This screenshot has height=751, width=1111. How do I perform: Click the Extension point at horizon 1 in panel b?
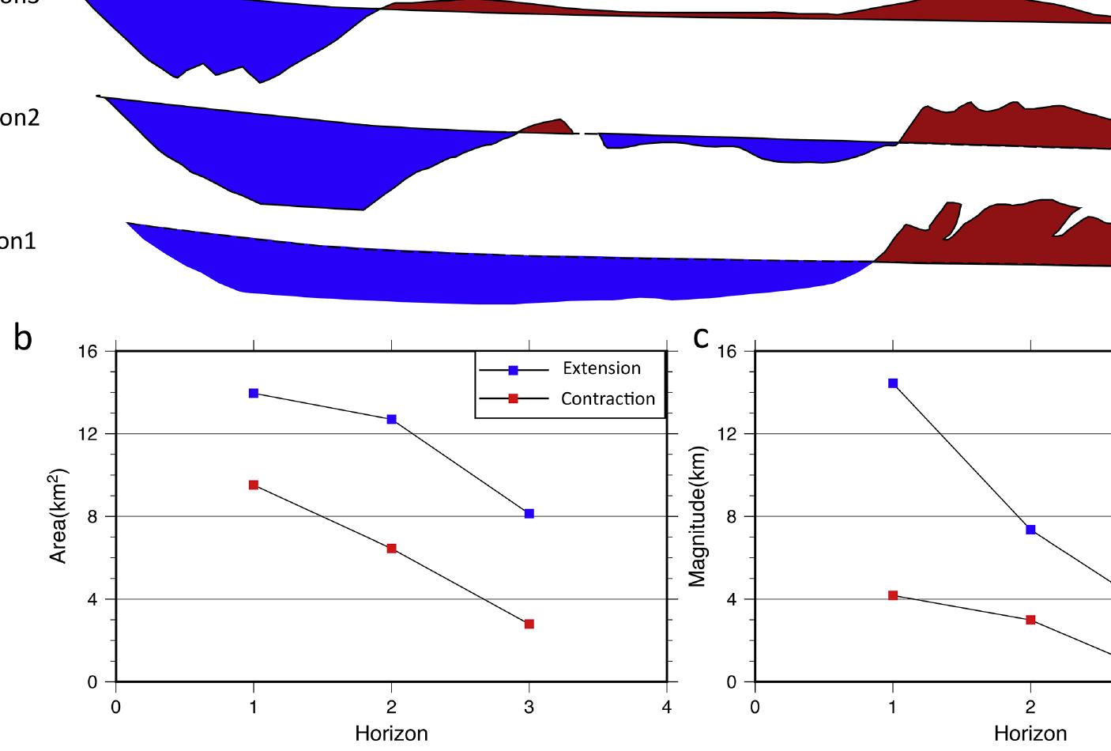point(254,393)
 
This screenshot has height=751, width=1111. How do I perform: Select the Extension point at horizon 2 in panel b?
point(391,419)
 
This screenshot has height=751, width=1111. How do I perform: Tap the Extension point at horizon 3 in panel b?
point(529,514)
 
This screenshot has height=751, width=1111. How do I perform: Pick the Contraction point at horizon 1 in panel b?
point(254,485)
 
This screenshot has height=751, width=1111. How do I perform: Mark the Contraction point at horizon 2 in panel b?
point(391,549)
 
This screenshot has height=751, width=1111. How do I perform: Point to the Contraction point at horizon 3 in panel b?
point(529,624)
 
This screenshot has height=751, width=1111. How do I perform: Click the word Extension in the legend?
point(601,368)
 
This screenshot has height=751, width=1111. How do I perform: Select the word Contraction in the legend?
point(608,399)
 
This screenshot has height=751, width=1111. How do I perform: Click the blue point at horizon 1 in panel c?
point(893,383)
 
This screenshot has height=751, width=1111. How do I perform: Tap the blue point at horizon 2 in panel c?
point(1030,530)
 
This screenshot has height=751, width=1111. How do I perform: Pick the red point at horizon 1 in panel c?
point(893,595)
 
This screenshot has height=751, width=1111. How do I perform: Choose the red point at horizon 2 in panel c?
point(1030,620)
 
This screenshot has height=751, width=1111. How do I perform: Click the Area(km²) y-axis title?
point(59,516)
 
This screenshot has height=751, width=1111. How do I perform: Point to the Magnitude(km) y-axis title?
point(697,516)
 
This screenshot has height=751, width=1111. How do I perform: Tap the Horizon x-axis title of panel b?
point(391,734)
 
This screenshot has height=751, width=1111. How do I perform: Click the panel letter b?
point(23,338)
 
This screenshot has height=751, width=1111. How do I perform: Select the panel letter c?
point(701,338)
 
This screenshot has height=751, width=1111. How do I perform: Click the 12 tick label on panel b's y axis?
point(89,434)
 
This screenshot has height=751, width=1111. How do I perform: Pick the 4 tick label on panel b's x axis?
point(667,708)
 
